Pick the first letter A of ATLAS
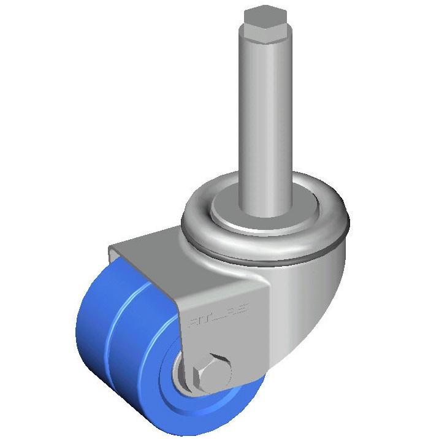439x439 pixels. pyautogui.click(x=191, y=319)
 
